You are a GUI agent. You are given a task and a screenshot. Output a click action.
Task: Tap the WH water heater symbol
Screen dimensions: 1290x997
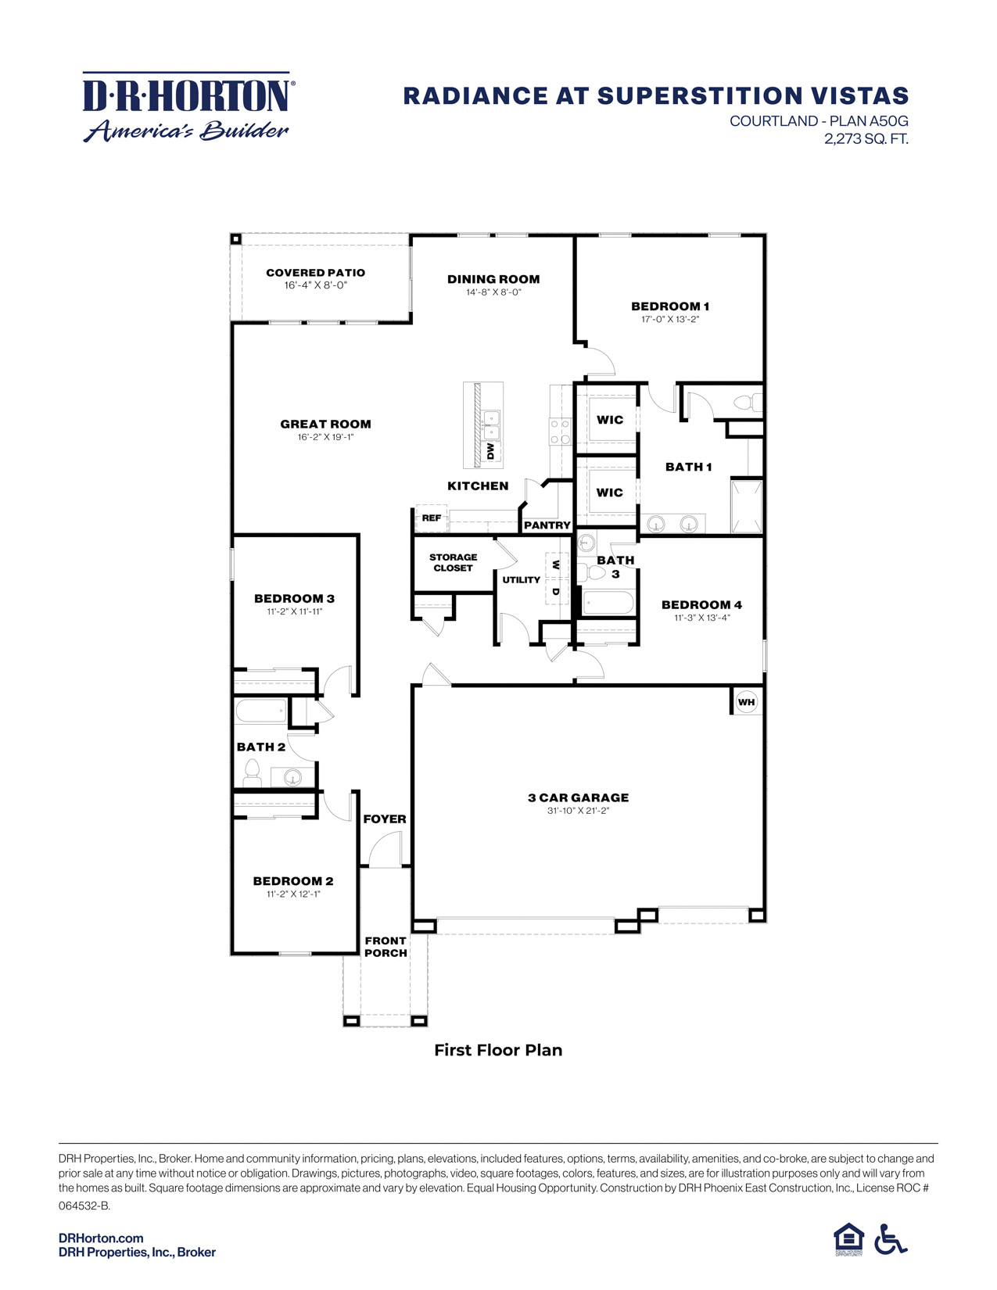click(x=746, y=702)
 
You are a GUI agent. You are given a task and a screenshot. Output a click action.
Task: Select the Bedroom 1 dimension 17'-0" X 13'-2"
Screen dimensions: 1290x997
click(x=669, y=319)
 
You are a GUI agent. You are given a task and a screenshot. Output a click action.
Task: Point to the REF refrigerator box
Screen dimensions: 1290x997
click(x=431, y=518)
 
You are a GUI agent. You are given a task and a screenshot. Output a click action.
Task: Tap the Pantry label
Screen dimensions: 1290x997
click(x=547, y=525)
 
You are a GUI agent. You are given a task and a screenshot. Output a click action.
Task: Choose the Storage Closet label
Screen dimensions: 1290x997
click(x=453, y=563)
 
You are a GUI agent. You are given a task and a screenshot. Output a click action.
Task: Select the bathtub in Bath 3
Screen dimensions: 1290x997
click(x=608, y=603)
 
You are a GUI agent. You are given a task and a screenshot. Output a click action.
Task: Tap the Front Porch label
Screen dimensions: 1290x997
click(x=386, y=947)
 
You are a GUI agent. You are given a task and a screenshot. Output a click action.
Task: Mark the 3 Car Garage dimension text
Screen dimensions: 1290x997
click(x=578, y=811)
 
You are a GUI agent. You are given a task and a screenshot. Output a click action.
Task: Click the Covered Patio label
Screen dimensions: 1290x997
click(x=315, y=273)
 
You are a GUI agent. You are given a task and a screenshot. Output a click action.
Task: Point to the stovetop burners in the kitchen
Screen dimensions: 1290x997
click(x=560, y=432)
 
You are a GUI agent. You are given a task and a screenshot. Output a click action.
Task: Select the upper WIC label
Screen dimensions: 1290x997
click(x=610, y=420)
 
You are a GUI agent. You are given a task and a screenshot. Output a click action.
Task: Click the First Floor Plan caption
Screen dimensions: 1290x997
click(x=498, y=1050)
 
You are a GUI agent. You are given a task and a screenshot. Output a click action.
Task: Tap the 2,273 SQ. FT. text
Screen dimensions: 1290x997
click(x=866, y=139)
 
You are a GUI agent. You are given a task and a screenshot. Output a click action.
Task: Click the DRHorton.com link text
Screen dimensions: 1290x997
click(x=101, y=1238)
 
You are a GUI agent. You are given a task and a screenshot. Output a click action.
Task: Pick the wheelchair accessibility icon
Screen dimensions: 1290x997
click(x=890, y=1239)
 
